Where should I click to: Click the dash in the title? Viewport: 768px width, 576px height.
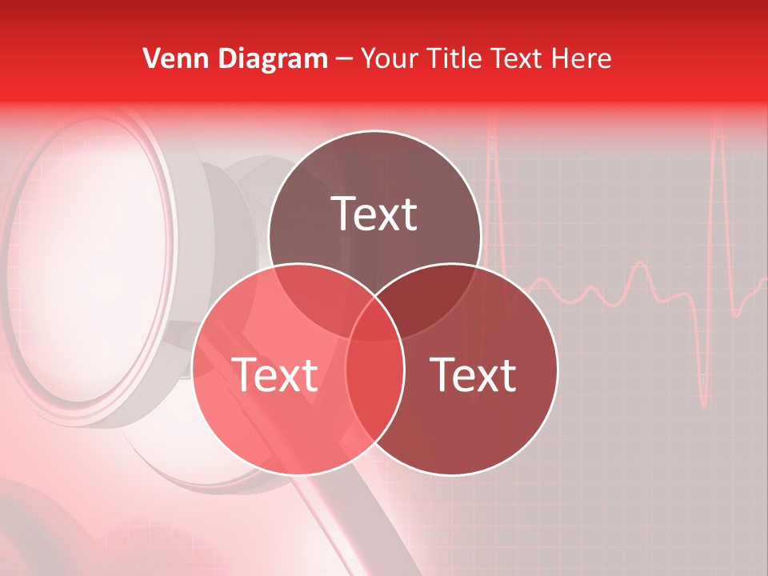point(344,59)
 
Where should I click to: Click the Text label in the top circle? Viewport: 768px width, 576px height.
point(374,214)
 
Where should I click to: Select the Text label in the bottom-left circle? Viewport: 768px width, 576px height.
point(274,374)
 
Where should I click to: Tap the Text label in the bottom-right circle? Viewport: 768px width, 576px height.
point(474,374)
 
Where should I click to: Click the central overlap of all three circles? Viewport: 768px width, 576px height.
point(374,320)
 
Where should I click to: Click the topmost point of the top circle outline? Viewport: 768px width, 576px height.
point(374,130)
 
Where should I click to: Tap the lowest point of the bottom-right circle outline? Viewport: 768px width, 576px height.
point(453,475)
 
